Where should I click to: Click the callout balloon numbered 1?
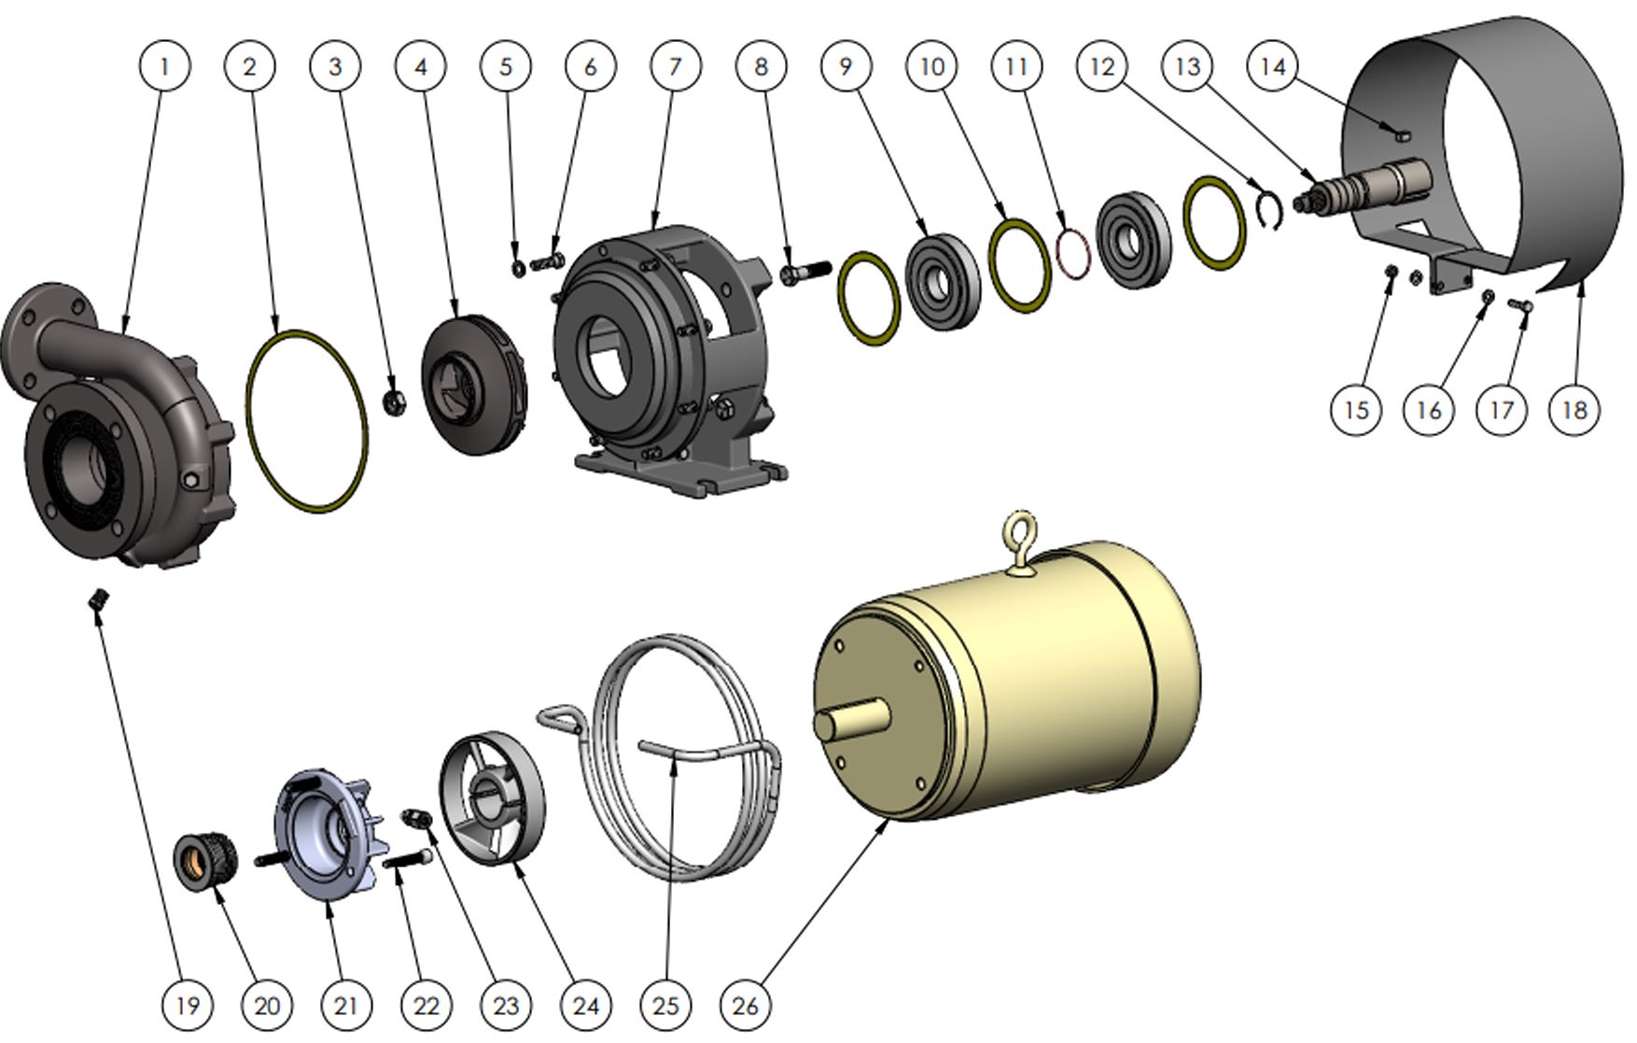pyautogui.click(x=164, y=66)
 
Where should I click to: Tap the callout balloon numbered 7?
pyautogui.click(x=675, y=66)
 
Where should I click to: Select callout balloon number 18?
pyautogui.click(x=1574, y=409)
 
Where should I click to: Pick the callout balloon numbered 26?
pyautogui.click(x=746, y=1005)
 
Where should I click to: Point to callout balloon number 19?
pyautogui.click(x=187, y=1005)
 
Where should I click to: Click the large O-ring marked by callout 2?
pyautogui.click(x=307, y=420)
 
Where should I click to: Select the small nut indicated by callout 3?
pyautogui.click(x=393, y=403)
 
